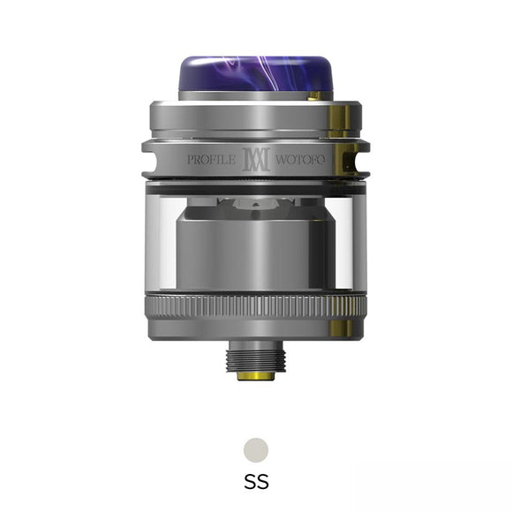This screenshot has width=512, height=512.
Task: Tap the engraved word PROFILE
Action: click(x=212, y=161)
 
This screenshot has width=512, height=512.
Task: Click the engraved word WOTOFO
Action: click(x=301, y=161)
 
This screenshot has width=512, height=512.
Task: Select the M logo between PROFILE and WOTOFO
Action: click(x=255, y=161)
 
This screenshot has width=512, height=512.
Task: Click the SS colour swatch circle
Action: click(x=256, y=448)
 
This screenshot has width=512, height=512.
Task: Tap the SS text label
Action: click(x=256, y=482)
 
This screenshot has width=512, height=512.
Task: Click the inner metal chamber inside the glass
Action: click(x=256, y=256)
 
